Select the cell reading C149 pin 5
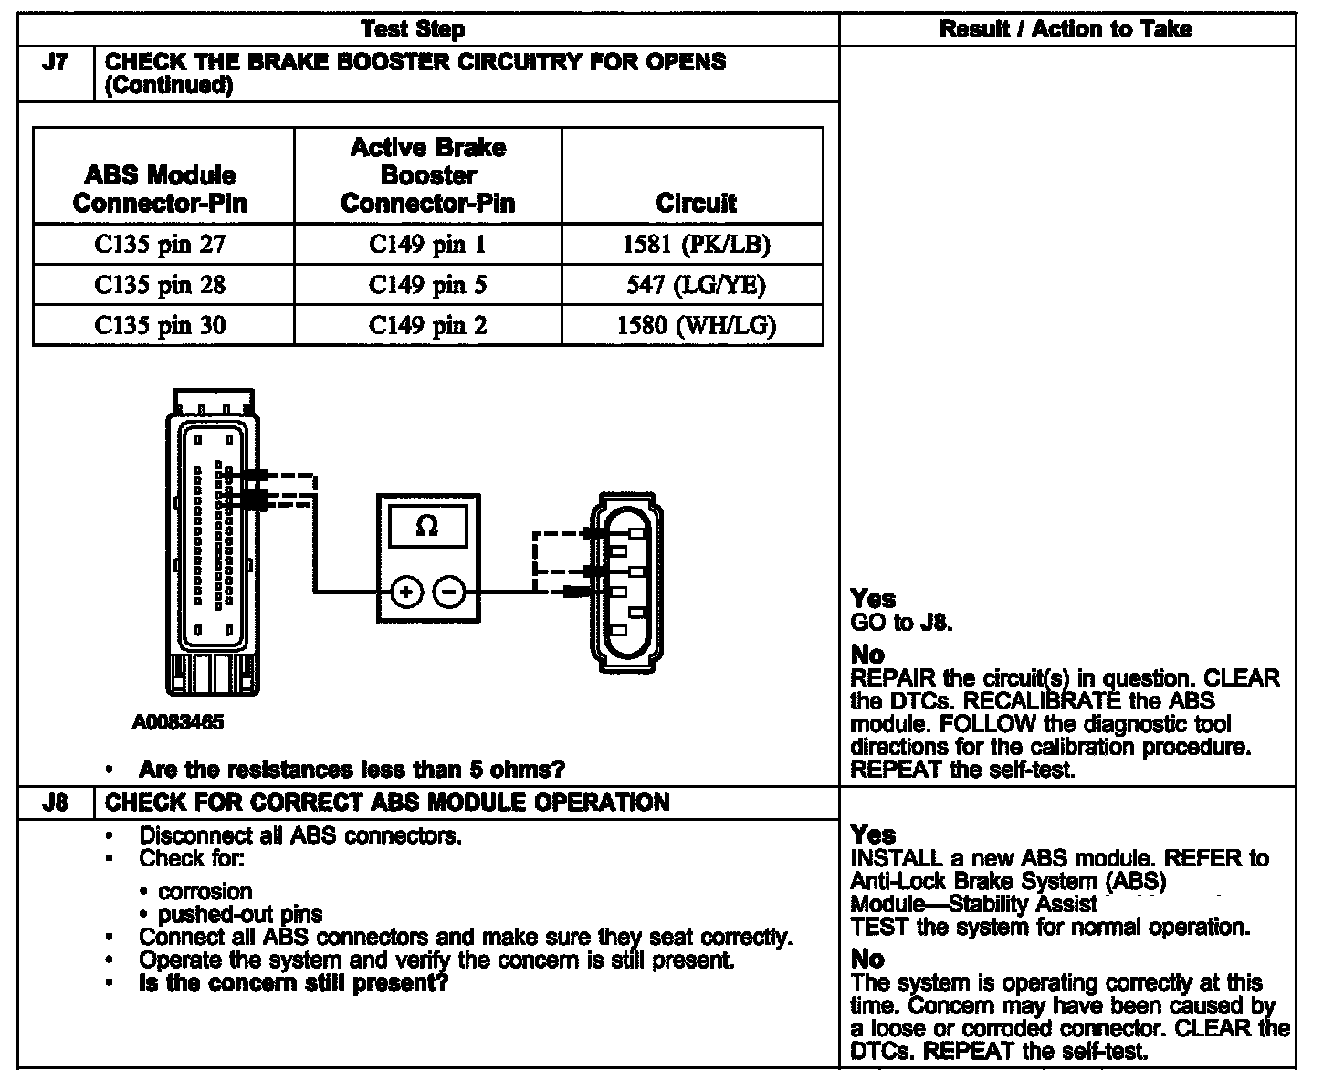coord(427,286)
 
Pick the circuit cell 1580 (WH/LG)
coord(696,326)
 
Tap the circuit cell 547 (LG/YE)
coord(696,286)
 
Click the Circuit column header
coord(696,203)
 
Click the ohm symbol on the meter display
coord(426,526)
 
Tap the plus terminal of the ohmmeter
coord(407,593)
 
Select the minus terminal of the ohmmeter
coord(448,593)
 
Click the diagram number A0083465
coord(178,723)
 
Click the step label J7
coord(55,63)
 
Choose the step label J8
coord(55,803)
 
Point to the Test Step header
coord(413,29)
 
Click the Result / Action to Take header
coord(1066,29)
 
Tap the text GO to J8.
coord(901,624)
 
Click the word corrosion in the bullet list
coord(205,891)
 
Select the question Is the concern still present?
coord(293,983)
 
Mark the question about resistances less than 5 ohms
coord(352,770)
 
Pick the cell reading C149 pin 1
coord(427,245)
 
